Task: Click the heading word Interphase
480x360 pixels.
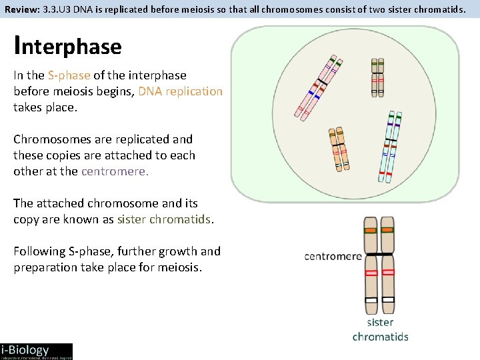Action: click(x=67, y=46)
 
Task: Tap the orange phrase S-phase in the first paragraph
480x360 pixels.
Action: click(x=69, y=75)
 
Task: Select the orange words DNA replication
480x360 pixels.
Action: click(x=180, y=91)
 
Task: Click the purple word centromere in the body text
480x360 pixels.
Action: click(x=114, y=171)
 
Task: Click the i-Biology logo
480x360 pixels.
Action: click(x=36, y=351)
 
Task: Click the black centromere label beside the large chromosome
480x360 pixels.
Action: click(x=333, y=256)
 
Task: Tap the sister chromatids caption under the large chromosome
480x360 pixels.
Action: click(x=380, y=329)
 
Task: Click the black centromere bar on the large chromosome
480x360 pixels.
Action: click(x=379, y=254)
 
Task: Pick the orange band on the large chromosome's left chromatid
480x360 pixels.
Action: click(x=371, y=231)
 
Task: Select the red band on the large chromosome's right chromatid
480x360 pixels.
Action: click(x=387, y=273)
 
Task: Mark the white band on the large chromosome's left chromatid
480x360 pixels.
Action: click(x=371, y=300)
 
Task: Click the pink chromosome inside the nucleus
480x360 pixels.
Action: click(x=319, y=87)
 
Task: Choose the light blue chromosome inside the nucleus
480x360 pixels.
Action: click(x=390, y=146)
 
